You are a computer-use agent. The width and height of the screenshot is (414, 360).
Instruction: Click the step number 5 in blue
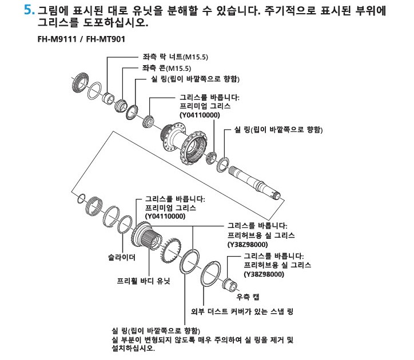29,10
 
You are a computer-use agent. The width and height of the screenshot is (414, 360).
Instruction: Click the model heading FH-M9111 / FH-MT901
81,39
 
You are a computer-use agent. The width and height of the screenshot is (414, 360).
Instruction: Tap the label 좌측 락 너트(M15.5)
176,57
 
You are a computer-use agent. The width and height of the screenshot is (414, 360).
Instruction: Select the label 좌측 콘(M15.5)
166,68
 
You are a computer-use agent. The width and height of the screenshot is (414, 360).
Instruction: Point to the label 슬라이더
121,257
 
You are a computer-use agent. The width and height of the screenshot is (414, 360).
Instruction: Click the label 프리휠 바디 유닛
144,281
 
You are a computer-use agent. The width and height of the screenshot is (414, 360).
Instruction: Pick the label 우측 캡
248,297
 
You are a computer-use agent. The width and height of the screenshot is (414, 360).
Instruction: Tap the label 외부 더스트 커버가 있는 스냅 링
242,311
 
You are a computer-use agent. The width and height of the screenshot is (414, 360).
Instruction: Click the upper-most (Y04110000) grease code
200,115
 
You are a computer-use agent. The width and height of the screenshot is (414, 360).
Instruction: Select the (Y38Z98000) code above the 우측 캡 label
264,274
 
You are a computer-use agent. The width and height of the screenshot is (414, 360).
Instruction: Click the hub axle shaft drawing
255,183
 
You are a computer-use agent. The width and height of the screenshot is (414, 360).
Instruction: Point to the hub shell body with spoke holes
184,142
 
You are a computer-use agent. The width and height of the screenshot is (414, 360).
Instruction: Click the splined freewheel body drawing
146,234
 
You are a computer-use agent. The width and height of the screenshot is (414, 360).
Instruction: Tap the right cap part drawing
230,283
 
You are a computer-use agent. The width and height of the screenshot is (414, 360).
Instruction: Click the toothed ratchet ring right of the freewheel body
170,250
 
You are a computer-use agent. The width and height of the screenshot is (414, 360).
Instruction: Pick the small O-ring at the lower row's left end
81,198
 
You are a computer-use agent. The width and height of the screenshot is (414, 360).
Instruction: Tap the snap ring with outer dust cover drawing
210,274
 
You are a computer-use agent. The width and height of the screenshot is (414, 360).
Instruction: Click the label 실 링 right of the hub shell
278,130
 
